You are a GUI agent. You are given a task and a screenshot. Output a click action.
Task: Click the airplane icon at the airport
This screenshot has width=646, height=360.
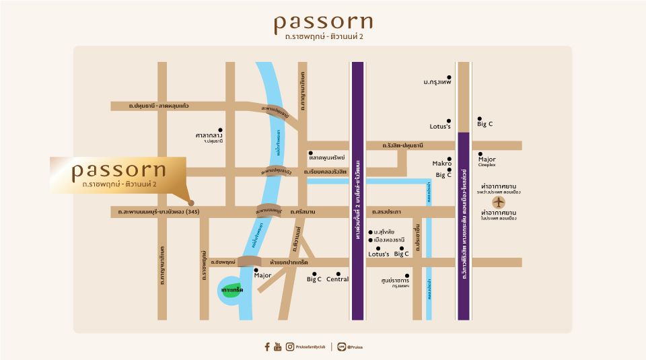coord(499,201)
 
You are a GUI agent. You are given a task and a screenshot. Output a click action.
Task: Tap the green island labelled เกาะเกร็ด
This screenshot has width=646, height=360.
coord(231,289)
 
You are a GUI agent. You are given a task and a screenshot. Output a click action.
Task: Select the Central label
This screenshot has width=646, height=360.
coord(337,279)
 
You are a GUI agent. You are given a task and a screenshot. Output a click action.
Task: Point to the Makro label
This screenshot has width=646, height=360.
coord(441,164)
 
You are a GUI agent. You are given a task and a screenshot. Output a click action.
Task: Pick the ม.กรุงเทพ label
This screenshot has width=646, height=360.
coord(437,82)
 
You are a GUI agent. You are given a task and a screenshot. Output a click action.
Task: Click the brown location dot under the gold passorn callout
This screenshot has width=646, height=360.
coord(191,202)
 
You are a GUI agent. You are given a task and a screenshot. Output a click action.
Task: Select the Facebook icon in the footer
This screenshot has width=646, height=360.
coord(267,347)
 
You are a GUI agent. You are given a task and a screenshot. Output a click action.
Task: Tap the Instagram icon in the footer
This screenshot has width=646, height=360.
coord(289,347)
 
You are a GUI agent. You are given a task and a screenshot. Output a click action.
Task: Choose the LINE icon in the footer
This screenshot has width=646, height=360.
coord(342,347)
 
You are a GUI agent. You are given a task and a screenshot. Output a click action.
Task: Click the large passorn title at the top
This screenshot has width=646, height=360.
coord(323,22)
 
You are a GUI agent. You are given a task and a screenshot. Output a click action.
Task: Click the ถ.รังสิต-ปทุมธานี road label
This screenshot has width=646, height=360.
coord(402,145)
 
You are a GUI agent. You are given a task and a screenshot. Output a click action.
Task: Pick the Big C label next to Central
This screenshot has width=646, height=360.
coord(314,279)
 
